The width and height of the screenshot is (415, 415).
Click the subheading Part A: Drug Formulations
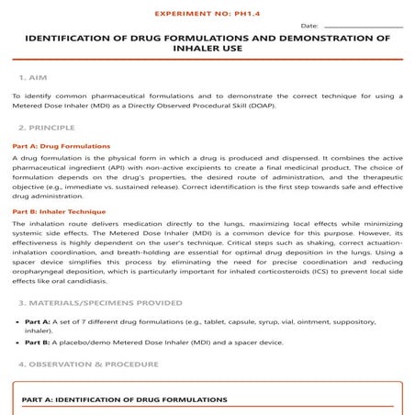coord(61,145)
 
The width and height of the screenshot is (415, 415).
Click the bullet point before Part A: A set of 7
coord(17,322)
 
